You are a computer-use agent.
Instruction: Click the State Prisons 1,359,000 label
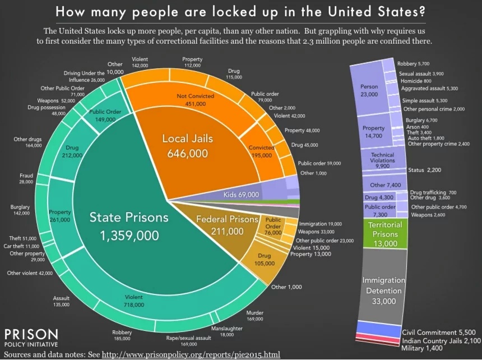pos(128,227)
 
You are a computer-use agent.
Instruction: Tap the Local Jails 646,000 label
pos(185,146)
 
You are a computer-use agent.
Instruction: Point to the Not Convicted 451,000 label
pos(195,99)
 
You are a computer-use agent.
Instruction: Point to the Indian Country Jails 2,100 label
pos(441,340)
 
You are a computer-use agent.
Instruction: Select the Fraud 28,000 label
pos(26,179)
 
